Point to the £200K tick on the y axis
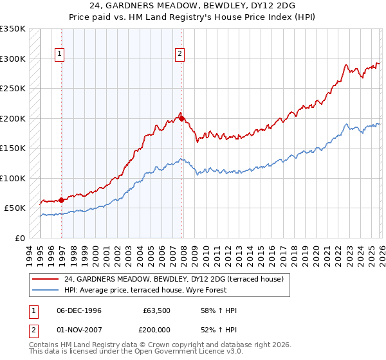12,118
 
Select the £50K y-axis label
15,208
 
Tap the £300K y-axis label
12,59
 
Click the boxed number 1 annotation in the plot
59,54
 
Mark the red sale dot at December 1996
62,200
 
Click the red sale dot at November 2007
181,118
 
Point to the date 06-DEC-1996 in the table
78,310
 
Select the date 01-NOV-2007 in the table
78,330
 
